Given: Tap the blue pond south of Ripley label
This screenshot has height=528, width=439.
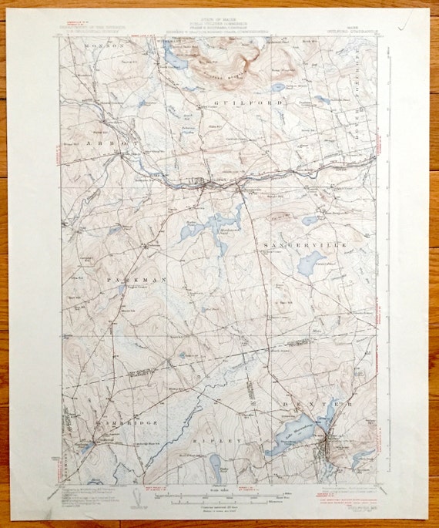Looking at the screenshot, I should point(214,462).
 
